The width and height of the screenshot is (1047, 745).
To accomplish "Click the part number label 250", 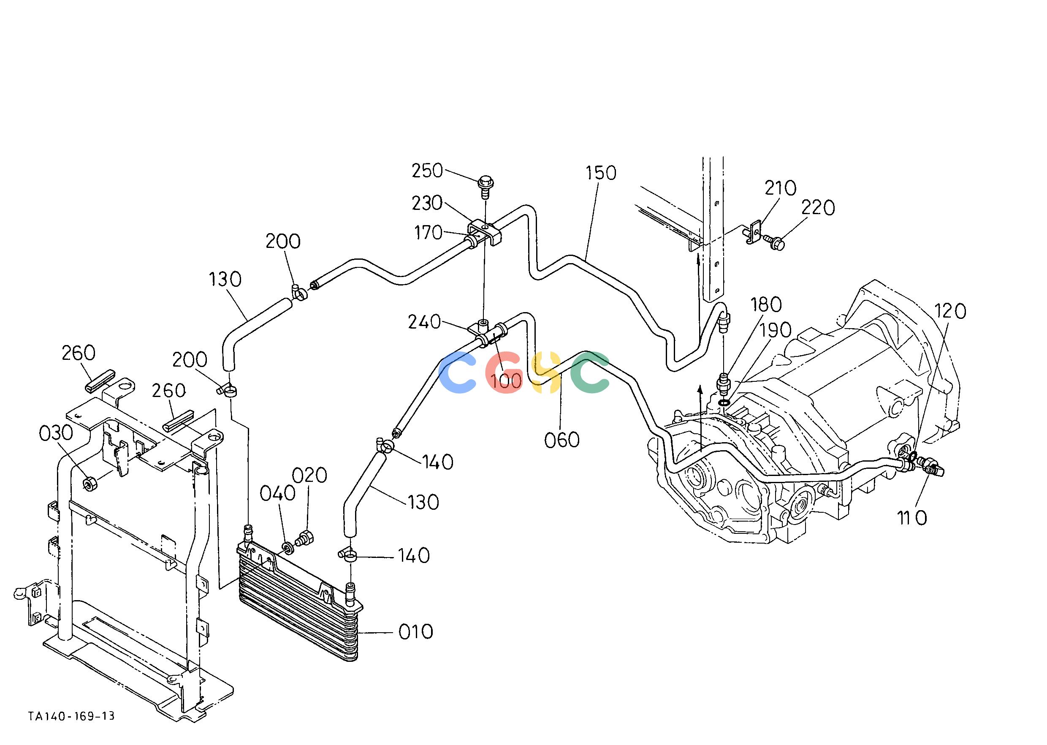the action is click(x=427, y=171).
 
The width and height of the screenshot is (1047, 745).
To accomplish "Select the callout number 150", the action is click(x=601, y=173).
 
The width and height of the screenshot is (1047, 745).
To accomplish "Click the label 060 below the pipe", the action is click(x=562, y=440).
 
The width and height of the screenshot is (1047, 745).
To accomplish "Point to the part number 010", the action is click(x=416, y=632).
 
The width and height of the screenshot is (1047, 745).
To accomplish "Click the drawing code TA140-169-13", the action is click(x=71, y=716).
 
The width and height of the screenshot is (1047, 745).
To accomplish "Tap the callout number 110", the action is click(x=912, y=518).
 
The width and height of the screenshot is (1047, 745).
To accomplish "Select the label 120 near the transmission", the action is click(x=951, y=312).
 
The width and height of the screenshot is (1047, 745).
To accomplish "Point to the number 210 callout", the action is click(x=781, y=188).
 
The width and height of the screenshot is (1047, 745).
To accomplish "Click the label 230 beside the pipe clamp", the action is click(x=427, y=203).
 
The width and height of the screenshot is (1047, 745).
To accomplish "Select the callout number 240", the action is click(x=424, y=322).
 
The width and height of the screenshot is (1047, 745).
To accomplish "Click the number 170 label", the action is click(x=429, y=233).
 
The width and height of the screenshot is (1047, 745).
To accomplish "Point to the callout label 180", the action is click(x=766, y=304).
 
